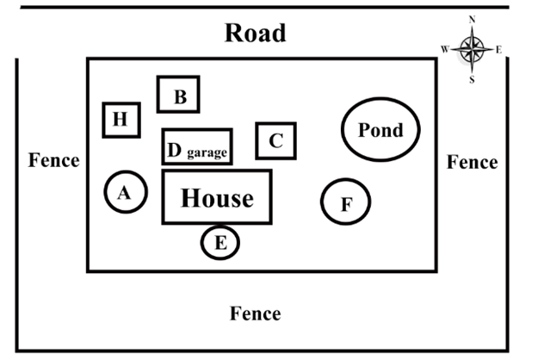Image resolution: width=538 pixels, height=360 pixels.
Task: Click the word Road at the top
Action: [x=255, y=33]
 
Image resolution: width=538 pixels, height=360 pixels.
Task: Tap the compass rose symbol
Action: [x=472, y=48]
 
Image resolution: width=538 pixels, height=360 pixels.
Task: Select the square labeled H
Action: [x=121, y=120]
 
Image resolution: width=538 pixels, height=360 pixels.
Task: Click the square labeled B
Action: [x=179, y=95]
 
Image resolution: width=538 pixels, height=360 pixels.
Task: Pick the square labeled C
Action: [x=275, y=140]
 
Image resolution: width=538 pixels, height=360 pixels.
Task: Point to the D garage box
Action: [x=197, y=146]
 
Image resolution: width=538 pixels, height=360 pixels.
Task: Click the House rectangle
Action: [x=217, y=197]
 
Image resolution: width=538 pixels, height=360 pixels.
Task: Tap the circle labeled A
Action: [x=124, y=192]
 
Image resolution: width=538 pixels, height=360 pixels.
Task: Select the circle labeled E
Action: [x=220, y=243]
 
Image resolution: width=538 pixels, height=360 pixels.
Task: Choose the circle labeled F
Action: [x=346, y=203]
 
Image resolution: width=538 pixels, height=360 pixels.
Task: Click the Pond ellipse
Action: [x=380, y=130]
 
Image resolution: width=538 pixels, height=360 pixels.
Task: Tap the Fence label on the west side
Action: [x=53, y=160]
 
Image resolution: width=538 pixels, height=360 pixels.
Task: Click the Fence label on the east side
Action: [x=472, y=162]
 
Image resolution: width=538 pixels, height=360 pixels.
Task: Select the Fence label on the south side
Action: [x=255, y=313]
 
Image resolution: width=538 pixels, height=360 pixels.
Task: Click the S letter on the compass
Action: [x=472, y=79]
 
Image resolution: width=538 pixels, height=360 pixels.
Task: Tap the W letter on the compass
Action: [x=445, y=49]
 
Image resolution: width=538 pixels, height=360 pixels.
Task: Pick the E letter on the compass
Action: [x=499, y=49]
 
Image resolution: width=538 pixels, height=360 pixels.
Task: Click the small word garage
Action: [x=207, y=153]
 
